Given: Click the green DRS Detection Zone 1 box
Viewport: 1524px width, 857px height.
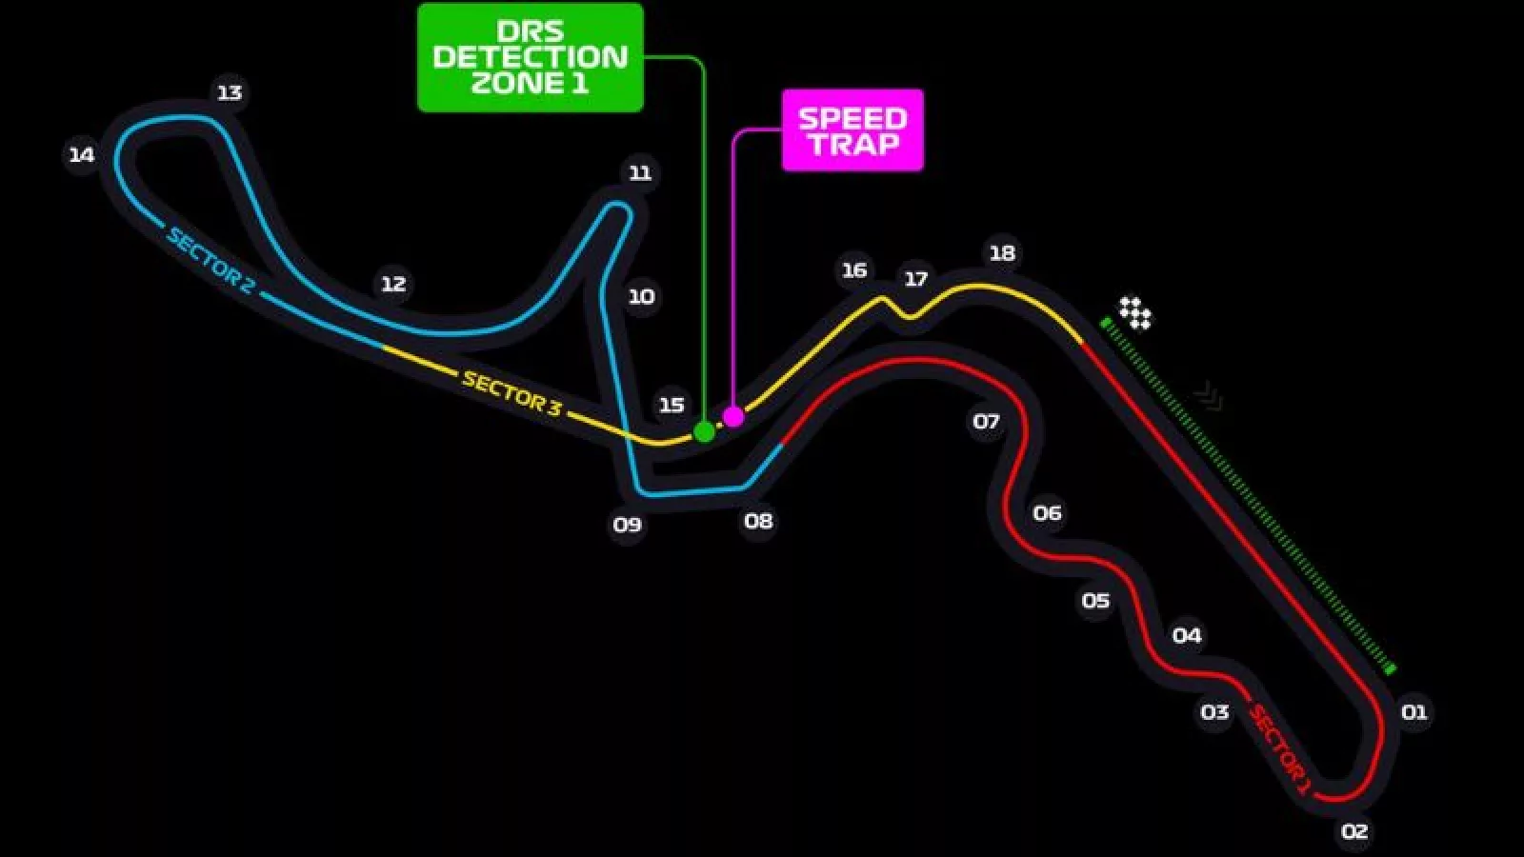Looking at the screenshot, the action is click(x=531, y=57).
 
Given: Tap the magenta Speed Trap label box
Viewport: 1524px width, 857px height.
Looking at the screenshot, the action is click(x=852, y=130).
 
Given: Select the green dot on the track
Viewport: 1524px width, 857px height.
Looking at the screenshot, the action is click(x=704, y=432).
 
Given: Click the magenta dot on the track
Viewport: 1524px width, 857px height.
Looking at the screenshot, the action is click(x=733, y=416).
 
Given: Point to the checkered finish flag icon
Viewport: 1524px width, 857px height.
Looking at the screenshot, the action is click(x=1134, y=312).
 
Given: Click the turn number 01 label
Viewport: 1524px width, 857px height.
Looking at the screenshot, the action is click(x=1414, y=711).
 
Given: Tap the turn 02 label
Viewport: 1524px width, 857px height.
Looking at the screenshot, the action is click(x=1354, y=831).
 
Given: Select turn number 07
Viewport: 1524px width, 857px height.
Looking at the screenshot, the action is click(x=986, y=421).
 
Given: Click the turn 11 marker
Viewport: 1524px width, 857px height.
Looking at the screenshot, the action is click(x=640, y=172).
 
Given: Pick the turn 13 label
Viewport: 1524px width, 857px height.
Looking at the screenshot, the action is click(x=230, y=92).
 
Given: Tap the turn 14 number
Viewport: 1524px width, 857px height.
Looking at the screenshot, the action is click(x=82, y=154).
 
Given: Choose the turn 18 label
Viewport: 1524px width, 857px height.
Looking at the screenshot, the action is click(x=1002, y=252).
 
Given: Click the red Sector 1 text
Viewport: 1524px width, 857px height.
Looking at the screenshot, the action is click(x=1280, y=748).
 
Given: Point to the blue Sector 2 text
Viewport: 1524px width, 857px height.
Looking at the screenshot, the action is click(x=211, y=259).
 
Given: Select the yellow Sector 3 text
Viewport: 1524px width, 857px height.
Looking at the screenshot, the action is click(x=511, y=393).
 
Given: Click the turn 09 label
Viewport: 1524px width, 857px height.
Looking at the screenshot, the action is click(x=628, y=524).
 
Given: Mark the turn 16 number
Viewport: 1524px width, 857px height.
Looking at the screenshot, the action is click(x=854, y=269).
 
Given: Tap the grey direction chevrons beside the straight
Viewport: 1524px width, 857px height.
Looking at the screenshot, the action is click(x=1209, y=396).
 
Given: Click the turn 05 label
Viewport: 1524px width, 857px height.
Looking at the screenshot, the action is click(x=1095, y=600).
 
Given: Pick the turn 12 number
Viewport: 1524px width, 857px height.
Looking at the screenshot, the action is click(x=393, y=283).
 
